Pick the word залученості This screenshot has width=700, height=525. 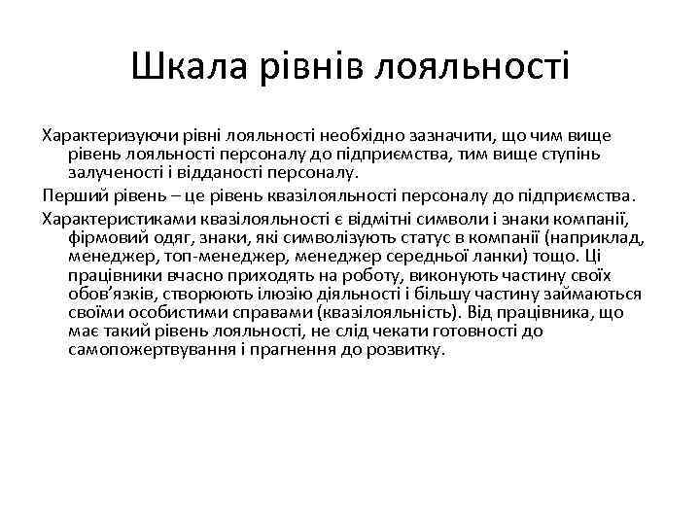pos(112,172)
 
